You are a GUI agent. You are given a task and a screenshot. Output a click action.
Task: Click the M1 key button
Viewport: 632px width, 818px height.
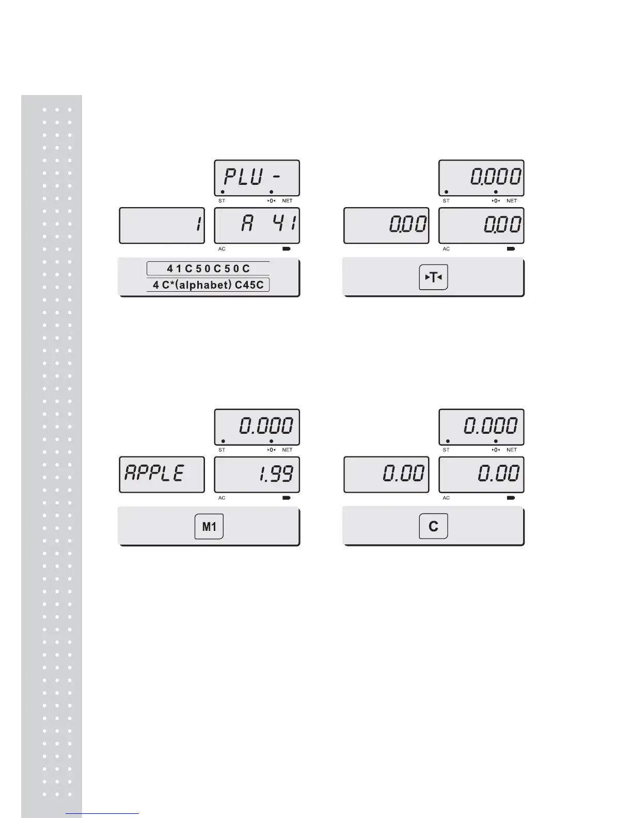(209, 527)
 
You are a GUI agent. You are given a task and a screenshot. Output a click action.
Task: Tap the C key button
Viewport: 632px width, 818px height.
(433, 526)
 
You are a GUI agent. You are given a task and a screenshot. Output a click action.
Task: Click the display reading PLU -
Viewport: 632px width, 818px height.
(257, 178)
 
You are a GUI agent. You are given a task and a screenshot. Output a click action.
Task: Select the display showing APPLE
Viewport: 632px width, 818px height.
(162, 474)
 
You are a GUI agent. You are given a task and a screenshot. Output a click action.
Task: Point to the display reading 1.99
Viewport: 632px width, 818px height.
(257, 474)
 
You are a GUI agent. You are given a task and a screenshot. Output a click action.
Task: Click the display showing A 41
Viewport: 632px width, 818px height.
(257, 225)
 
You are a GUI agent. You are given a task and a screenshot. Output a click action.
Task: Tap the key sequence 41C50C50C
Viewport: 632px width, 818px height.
(208, 269)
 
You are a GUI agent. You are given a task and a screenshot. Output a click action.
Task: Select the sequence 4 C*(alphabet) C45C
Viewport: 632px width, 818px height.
(208, 285)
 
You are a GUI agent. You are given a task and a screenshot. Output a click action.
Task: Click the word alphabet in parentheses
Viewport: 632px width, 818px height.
(205, 285)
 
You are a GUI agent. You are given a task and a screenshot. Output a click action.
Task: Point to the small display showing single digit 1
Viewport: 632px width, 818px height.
(162, 225)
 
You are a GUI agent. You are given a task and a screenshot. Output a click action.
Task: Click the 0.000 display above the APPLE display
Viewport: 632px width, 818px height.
(257, 427)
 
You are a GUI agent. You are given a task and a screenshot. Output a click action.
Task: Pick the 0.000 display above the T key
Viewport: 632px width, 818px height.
(481, 178)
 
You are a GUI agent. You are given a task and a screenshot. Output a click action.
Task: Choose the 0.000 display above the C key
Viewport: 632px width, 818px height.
(481, 427)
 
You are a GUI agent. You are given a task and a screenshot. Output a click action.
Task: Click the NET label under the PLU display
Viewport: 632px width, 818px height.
(287, 201)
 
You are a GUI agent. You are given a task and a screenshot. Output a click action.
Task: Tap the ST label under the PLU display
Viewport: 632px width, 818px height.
(222, 201)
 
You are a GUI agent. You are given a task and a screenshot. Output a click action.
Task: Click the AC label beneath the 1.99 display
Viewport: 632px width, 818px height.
(222, 498)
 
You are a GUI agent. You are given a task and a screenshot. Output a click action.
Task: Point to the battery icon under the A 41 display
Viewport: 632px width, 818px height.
(286, 249)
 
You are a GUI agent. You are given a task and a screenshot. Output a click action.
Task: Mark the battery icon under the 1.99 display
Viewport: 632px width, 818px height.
(286, 498)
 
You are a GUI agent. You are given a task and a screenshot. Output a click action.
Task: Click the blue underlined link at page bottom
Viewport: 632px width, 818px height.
(103, 813)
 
